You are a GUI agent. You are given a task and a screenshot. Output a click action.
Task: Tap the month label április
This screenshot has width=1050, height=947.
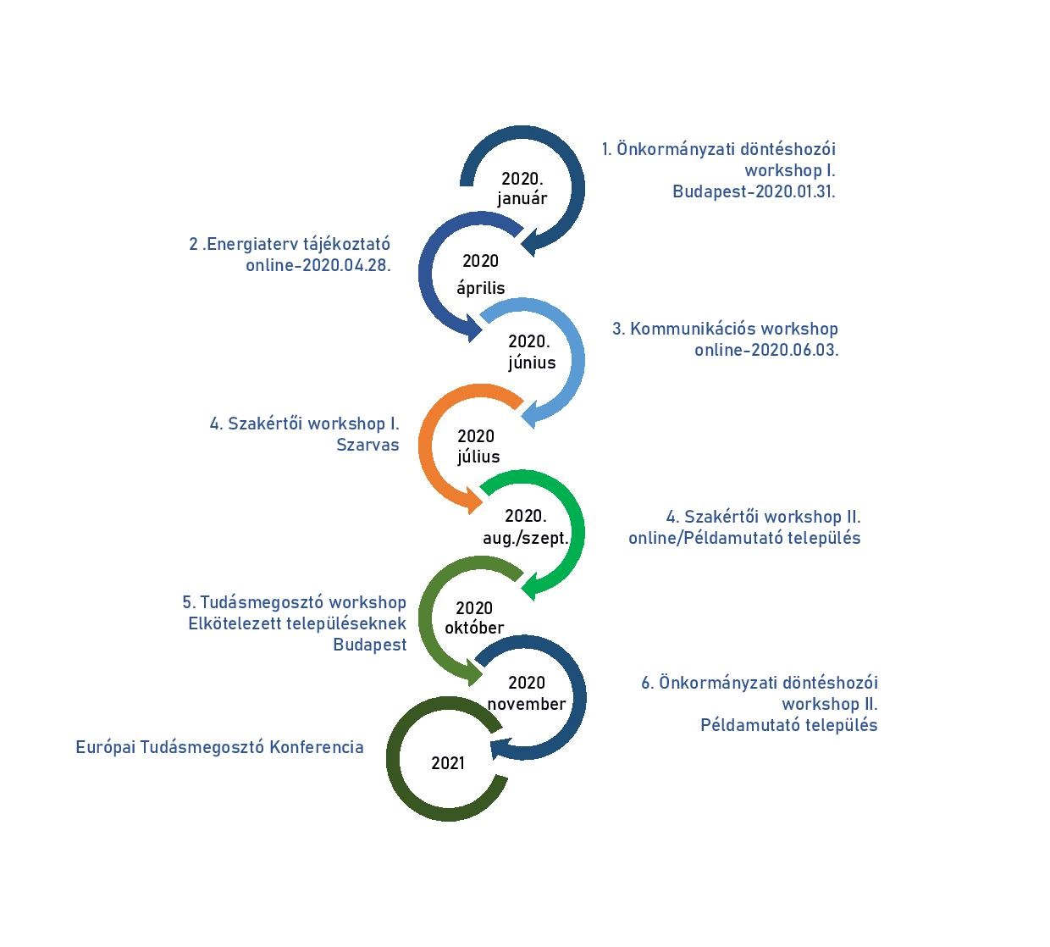point(480,289)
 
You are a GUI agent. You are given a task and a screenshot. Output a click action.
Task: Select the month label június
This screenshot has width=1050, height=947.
point(532,363)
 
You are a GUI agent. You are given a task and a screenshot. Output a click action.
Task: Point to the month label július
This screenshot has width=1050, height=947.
point(478,457)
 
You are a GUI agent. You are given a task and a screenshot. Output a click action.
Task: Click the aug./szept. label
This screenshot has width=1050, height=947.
point(526,539)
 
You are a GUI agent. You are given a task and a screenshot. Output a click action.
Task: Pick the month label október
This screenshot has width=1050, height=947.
point(474,627)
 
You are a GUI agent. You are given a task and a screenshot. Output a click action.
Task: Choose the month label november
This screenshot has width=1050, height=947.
point(527,704)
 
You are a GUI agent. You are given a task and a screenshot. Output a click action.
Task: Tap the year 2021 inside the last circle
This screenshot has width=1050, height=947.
point(448,763)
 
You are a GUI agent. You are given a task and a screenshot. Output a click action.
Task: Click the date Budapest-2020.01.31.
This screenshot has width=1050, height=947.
point(754,191)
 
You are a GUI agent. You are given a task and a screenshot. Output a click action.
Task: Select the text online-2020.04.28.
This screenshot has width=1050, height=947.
point(318,265)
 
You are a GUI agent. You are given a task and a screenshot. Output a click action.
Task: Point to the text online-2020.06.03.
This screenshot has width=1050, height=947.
point(766,350)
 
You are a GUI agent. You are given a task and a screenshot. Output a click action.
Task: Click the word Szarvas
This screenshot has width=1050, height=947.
point(367,445)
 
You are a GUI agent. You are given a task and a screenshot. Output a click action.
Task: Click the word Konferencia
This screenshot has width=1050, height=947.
point(316,747)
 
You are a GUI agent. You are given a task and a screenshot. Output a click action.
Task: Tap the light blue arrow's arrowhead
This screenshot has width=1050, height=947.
point(530,414)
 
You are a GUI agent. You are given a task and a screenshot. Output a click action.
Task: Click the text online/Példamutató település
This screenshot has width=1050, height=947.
point(744,538)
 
